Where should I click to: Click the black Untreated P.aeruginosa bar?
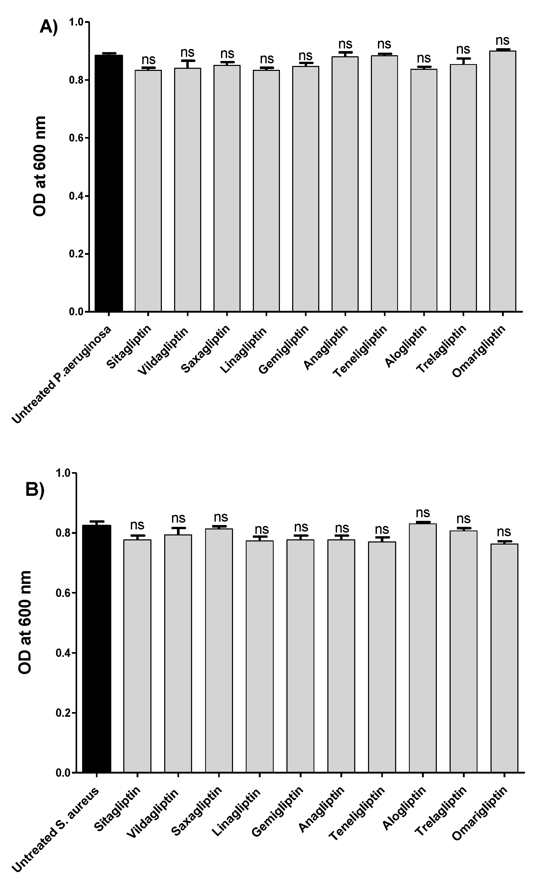click(x=109, y=184)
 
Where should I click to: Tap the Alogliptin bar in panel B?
click(x=423, y=650)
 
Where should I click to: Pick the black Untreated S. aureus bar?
click(x=96, y=650)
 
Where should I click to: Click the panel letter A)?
click(x=48, y=27)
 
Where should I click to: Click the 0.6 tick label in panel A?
click(x=76, y=138)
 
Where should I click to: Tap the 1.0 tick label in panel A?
click(x=76, y=22)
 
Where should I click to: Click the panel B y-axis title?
click(x=25, y=623)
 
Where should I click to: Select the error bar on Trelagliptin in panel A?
click(x=463, y=61)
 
